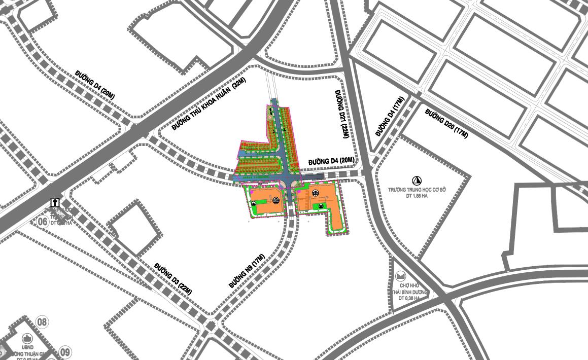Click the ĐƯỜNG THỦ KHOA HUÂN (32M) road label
pos(201,108)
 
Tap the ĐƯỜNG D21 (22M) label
pos(341,115)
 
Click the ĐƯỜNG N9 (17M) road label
pos(247,271)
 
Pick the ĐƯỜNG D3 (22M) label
pos(174,279)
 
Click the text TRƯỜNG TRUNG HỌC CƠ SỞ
pos(417,190)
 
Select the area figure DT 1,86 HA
pos(417,196)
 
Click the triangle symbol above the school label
pos(417,180)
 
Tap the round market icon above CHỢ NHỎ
pos(401,276)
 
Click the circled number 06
pos(43,221)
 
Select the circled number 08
pos(43,321)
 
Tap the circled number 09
pos(65,351)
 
